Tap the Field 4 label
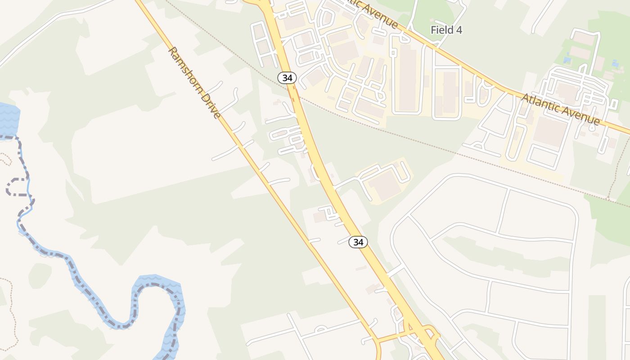[446, 30]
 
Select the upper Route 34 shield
[287, 78]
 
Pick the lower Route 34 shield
[358, 242]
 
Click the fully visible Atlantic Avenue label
[560, 109]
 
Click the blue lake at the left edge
[8, 119]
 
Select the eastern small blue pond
[615, 64]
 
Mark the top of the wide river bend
[155, 281]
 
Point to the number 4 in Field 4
[459, 30]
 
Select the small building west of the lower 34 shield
[320, 217]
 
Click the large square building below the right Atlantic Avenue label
[549, 131]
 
